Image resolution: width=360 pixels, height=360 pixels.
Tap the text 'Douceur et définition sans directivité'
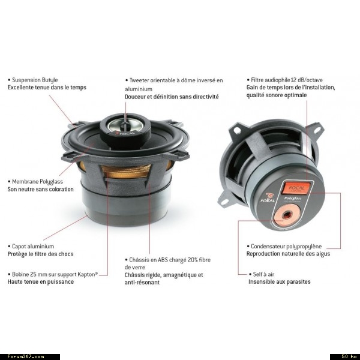tap(172, 97)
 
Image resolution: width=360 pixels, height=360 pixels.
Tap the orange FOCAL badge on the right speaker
tap(296, 188)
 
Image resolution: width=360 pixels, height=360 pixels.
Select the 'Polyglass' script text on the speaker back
tap(293, 199)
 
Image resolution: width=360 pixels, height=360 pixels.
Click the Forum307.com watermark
tap(26, 356)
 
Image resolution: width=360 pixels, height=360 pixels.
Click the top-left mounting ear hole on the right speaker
tap(238, 131)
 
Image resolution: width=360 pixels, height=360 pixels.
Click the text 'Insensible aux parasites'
tap(280, 282)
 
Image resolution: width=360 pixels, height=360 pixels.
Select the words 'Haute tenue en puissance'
tap(41, 282)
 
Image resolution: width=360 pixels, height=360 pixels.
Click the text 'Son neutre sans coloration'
tap(41, 189)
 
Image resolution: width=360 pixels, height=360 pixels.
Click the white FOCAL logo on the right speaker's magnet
tap(268, 199)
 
